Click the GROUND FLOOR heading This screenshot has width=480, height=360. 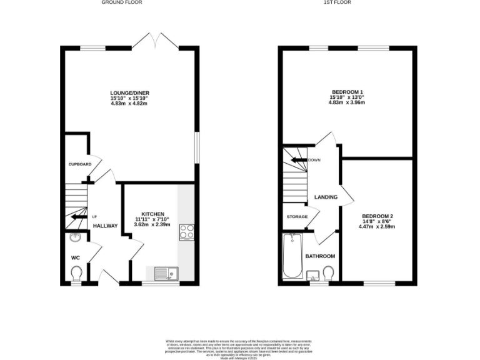(x=121, y=2)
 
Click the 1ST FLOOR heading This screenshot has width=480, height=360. (x=338, y=2)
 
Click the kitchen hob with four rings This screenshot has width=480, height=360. (x=186, y=232)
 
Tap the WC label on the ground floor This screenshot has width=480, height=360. (x=75, y=257)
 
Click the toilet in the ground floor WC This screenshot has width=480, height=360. (x=76, y=274)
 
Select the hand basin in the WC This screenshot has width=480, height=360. (x=76, y=237)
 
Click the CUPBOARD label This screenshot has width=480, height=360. (x=80, y=164)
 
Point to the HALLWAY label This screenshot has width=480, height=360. (x=105, y=226)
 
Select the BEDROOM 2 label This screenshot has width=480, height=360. (x=377, y=216)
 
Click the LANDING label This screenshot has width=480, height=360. (x=326, y=197)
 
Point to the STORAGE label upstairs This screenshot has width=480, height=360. (x=297, y=217)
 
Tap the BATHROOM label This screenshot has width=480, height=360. (x=320, y=256)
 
